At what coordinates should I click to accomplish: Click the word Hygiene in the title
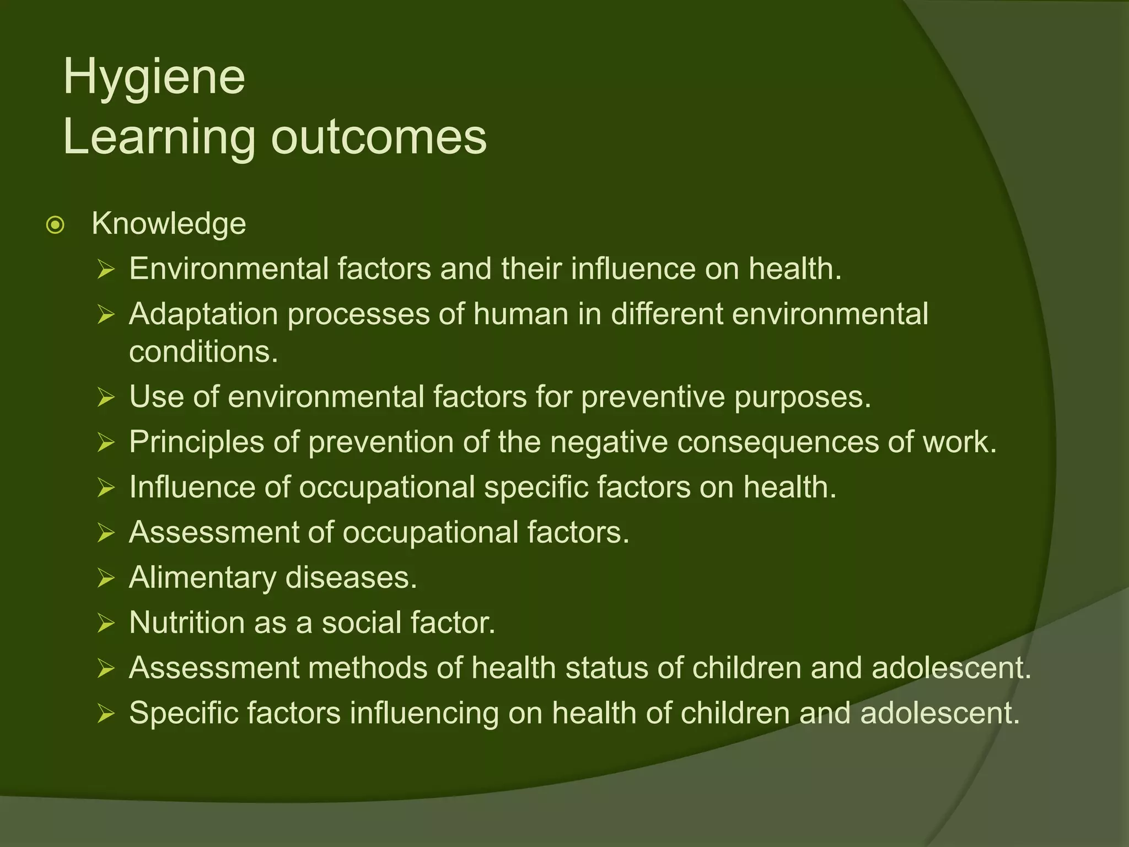[154, 78]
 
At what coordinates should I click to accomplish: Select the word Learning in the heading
[159, 138]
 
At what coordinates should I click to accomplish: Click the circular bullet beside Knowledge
[56, 225]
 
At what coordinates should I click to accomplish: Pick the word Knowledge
[169, 224]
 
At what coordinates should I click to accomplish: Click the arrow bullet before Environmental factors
[106, 270]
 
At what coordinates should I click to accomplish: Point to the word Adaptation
[203, 315]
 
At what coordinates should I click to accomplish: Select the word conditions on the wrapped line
[203, 352]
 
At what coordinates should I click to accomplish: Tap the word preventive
[653, 397]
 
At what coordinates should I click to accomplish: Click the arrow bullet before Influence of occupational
[106, 488]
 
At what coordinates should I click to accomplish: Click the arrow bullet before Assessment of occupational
[106, 533]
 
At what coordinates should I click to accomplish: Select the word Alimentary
[202, 578]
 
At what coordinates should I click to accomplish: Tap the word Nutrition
[187, 623]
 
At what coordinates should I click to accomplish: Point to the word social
[361, 623]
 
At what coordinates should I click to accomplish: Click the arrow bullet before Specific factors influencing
[106, 715]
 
